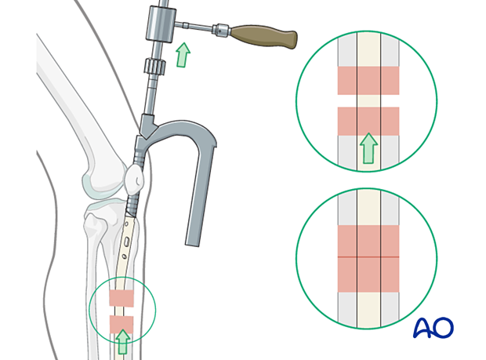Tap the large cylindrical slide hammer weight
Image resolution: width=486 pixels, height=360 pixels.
pos(161,24)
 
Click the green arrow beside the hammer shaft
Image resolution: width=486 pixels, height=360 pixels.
pos(183,55)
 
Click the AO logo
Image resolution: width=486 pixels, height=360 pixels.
pos(433,327)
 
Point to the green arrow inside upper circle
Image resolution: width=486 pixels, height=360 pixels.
pos(368,148)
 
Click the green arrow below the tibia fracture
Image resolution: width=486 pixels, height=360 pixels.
pos(123,342)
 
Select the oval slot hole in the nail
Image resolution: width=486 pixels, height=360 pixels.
pos(127,242)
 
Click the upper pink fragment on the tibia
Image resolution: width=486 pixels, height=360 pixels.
pos(121,298)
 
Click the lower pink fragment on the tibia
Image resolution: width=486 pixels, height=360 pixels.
pos(121,325)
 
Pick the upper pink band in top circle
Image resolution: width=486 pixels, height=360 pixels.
pos(368,81)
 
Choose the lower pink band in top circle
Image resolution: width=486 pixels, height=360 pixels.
pos(368,122)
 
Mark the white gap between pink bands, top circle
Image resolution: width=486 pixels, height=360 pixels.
pos(368,101)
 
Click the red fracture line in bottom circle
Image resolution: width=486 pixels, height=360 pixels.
pos(368,257)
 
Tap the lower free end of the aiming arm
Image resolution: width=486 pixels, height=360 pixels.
pos(193,243)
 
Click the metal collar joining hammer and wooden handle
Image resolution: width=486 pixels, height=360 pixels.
pos(221,30)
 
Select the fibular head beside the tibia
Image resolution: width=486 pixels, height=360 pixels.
pos(93,223)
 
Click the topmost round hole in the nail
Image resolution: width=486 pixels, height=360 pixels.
pos(126,224)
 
